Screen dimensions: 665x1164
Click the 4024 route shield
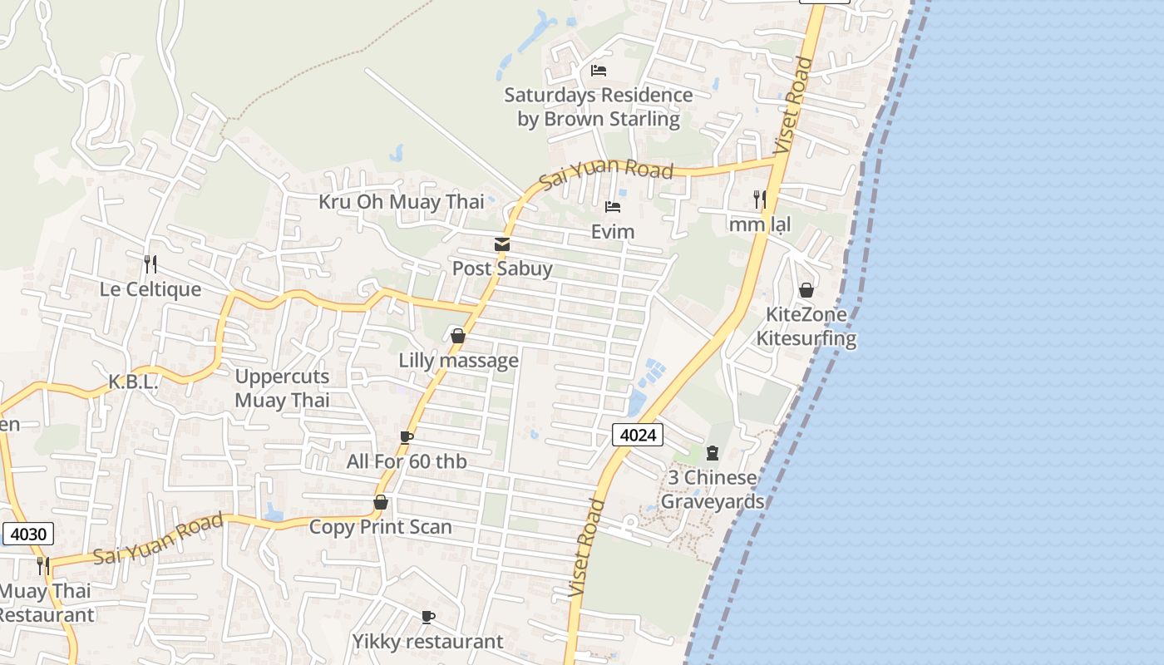[x=638, y=434]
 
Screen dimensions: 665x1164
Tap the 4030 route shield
[x=28, y=534]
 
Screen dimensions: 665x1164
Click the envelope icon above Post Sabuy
[x=502, y=244]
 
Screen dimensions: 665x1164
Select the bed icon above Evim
[x=613, y=206]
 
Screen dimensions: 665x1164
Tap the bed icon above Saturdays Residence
[x=599, y=70]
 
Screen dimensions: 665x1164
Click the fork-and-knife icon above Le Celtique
[x=150, y=264]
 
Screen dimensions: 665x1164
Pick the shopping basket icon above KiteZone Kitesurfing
[x=806, y=290]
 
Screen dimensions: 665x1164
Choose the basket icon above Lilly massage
[x=457, y=336]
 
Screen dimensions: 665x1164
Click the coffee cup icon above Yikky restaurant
[x=427, y=617]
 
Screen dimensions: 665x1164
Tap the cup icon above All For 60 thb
[x=406, y=437]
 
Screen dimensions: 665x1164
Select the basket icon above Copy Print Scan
[x=381, y=502]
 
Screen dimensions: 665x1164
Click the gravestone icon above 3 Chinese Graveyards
[x=713, y=453]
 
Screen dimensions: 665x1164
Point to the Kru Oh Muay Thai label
[x=402, y=202]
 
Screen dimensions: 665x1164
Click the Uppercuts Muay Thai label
[x=282, y=388]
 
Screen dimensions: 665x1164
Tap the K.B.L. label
[x=133, y=382]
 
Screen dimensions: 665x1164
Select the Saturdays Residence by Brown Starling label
[x=599, y=107]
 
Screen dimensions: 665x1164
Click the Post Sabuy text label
[x=502, y=268]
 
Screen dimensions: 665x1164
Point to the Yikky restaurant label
[x=427, y=642]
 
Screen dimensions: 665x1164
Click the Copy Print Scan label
[x=381, y=527]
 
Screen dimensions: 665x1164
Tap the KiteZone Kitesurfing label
[x=806, y=327]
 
